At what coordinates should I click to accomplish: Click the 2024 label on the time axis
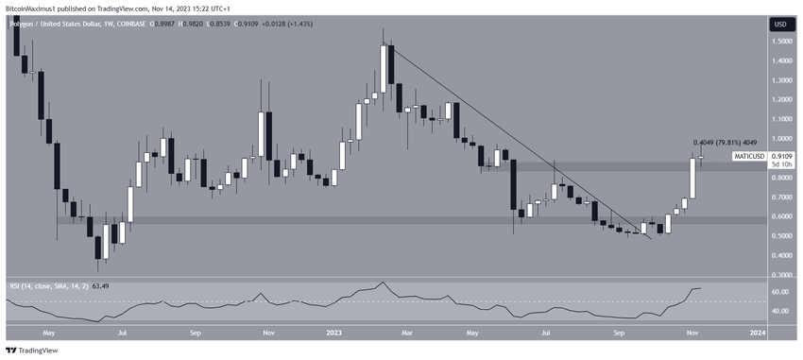click(758, 333)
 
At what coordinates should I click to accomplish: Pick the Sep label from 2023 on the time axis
click(619, 333)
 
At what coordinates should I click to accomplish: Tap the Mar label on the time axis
click(406, 333)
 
